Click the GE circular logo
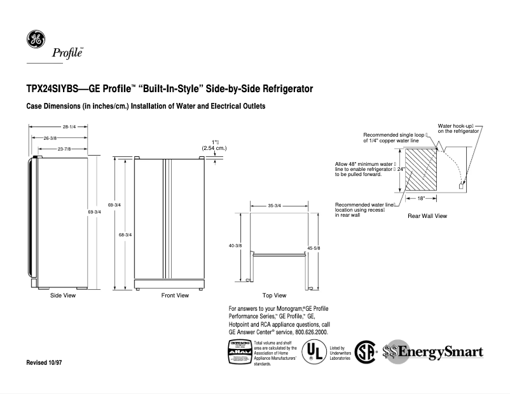coord(36,39)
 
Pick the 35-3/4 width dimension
coord(275,206)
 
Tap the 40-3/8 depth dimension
coord(235,245)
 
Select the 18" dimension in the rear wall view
coord(421,199)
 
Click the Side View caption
coord(63,295)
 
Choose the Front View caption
coord(175,295)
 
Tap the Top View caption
coord(274,295)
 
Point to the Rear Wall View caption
coord(427,216)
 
